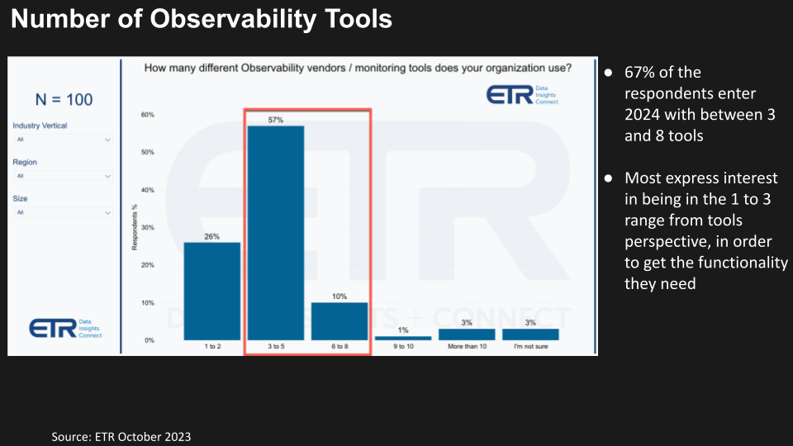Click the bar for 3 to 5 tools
point(276,232)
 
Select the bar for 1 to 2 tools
point(211,290)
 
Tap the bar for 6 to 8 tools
point(340,320)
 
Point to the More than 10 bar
point(468,334)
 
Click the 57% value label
point(276,120)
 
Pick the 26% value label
point(211,236)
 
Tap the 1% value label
point(403,330)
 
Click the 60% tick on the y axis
point(146,115)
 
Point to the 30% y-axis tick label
point(146,228)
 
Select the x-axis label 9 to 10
point(403,347)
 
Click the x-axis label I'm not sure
point(530,347)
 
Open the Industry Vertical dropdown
point(63,140)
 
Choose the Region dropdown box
point(63,176)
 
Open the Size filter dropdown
point(63,213)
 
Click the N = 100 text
point(64,100)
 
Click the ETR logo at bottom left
point(65,328)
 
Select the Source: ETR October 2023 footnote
point(121,436)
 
